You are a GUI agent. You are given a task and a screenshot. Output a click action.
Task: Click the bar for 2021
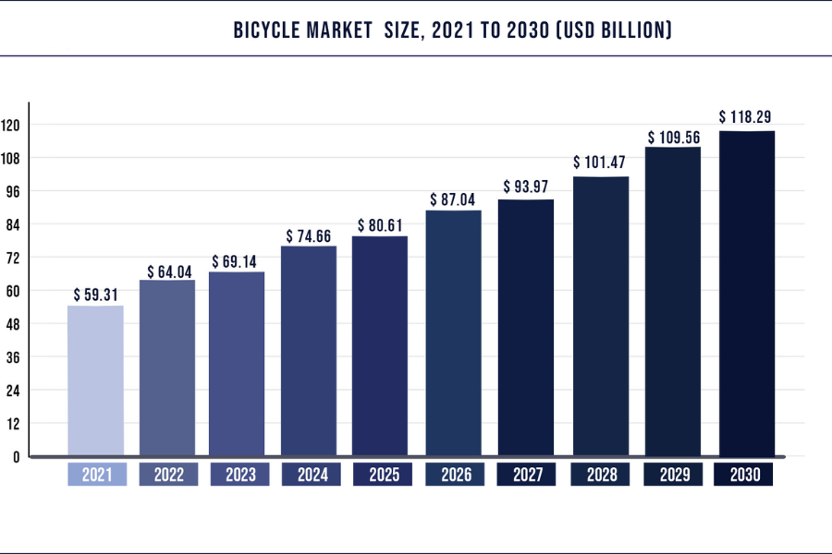tap(96, 380)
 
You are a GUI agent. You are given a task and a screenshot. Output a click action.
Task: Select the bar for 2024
tap(309, 351)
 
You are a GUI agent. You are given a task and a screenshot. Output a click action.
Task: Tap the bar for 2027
tap(526, 328)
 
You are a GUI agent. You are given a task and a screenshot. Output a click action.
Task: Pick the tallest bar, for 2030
tap(747, 294)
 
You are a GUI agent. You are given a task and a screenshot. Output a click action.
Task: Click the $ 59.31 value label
tap(96, 295)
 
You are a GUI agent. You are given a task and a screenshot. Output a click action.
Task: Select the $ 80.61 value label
tap(380, 225)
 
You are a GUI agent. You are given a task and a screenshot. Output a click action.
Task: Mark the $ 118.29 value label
tap(746, 117)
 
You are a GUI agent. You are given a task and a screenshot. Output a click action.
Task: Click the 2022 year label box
tap(168, 476)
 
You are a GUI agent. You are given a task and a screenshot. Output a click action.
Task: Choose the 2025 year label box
tap(380, 476)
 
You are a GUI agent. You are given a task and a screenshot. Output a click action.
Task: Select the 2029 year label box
tap(673, 476)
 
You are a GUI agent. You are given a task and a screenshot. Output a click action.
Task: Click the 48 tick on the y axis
tap(14, 324)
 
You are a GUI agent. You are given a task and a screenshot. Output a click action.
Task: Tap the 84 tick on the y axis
tap(14, 224)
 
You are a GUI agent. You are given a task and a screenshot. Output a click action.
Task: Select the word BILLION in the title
tap(630, 31)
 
